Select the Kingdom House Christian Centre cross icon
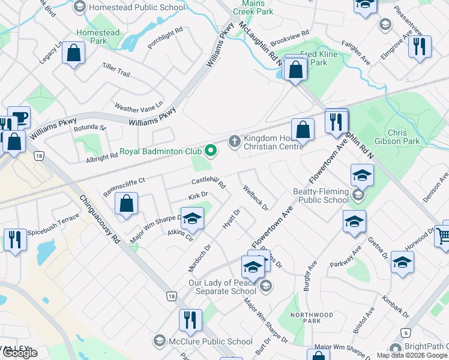[234, 141]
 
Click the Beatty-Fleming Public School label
[320, 196]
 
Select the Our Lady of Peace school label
[222, 287]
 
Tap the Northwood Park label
[311, 318]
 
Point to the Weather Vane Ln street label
[139, 107]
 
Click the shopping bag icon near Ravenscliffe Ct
[127, 203]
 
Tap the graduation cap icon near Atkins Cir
[192, 219]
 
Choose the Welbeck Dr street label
[255, 196]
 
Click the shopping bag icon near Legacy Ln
[73, 53]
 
